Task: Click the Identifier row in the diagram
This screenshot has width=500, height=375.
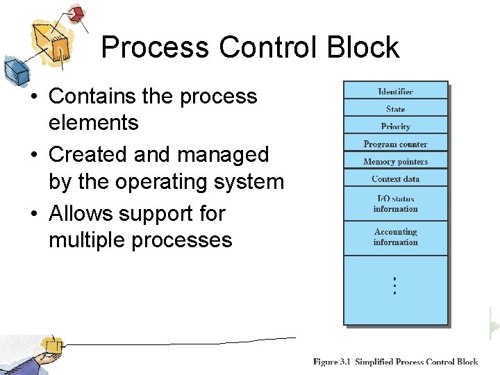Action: click(x=395, y=92)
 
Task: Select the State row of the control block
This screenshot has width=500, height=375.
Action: click(x=395, y=109)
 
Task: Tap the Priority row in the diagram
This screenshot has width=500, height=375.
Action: click(x=395, y=126)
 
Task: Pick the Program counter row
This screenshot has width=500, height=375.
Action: click(x=395, y=144)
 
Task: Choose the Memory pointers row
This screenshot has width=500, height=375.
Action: click(x=395, y=162)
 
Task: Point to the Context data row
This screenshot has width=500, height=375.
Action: click(x=395, y=179)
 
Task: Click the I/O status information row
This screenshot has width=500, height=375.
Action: click(x=395, y=203)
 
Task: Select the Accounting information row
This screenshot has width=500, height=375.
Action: click(x=395, y=237)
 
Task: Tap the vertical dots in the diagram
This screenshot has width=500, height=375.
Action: click(x=394, y=285)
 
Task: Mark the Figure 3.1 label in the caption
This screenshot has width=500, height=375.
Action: click(x=332, y=362)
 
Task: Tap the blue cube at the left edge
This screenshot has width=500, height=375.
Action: click(x=15, y=72)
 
